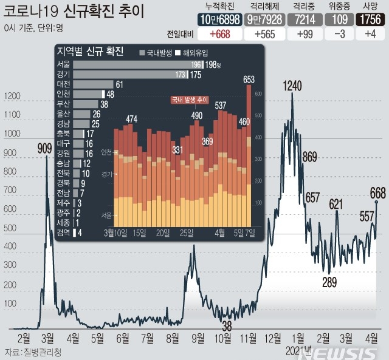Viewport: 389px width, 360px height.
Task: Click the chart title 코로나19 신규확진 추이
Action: click(81, 10)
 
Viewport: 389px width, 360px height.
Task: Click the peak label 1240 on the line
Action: click(292, 87)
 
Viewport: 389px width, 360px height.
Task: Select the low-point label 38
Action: click(227, 326)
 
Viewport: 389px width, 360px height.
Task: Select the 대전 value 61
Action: click(119, 84)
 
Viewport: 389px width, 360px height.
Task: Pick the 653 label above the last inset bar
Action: click(249, 80)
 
